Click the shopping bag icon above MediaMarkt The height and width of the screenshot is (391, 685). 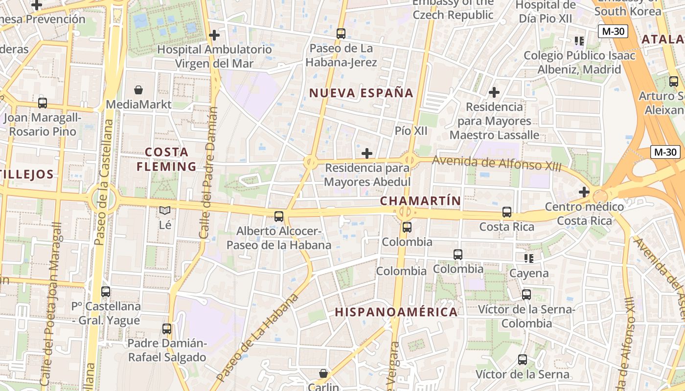pyautogui.click(x=138, y=90)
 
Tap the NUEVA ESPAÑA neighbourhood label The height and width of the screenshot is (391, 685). pyautogui.click(x=362, y=93)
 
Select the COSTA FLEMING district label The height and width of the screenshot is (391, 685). pyautogui.click(x=166, y=159)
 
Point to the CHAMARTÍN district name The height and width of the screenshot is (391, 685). pyautogui.click(x=421, y=201)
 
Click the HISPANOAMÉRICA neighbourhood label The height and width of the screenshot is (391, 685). pyautogui.click(x=396, y=312)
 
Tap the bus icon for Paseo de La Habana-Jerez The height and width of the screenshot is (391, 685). pyautogui.click(x=341, y=34)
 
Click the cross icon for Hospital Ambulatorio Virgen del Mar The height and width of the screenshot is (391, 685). pyautogui.click(x=214, y=35)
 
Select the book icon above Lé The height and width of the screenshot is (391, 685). pyautogui.click(x=165, y=211)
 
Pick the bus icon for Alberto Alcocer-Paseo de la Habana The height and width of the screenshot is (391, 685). pyautogui.click(x=279, y=216)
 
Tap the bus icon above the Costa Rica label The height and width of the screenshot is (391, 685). pyautogui.click(x=507, y=212)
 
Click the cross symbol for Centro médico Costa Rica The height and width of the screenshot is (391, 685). pyautogui.click(x=584, y=192)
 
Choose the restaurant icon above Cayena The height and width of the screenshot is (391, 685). pyautogui.click(x=528, y=258)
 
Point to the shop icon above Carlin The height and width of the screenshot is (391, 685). pyautogui.click(x=323, y=373)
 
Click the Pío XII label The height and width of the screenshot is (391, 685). pyautogui.click(x=411, y=131)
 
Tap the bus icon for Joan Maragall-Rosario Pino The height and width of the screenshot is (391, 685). pyautogui.click(x=43, y=103)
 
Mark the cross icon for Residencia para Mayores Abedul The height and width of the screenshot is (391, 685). pyautogui.click(x=367, y=153)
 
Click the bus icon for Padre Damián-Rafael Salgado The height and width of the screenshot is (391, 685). pyautogui.click(x=167, y=328)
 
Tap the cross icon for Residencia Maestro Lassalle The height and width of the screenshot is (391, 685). pyautogui.click(x=494, y=92)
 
